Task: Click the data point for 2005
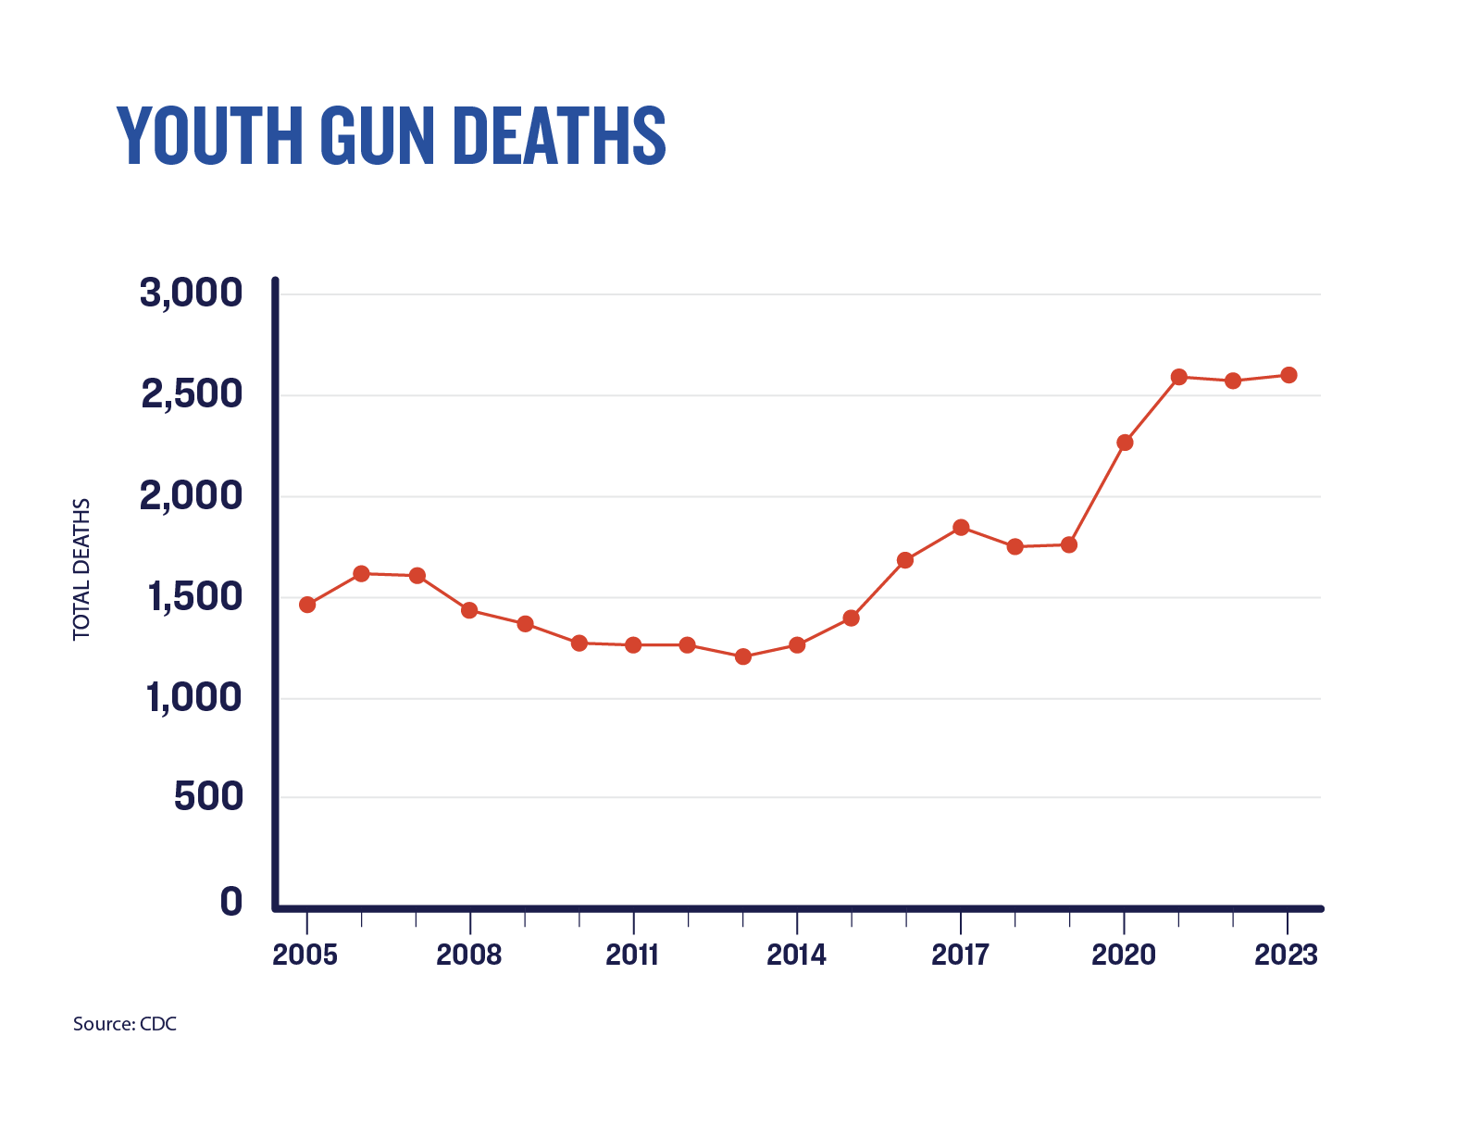click(307, 605)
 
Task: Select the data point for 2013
click(742, 656)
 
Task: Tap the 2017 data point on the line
click(961, 527)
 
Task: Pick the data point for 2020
click(1125, 443)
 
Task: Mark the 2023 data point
click(1288, 375)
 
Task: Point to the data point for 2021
click(1178, 377)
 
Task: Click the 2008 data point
click(469, 610)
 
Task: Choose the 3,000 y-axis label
click(191, 293)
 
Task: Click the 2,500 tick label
click(192, 394)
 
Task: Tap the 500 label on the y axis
click(208, 796)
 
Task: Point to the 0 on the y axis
click(230, 901)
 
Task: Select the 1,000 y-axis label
click(193, 697)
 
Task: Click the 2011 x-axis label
click(632, 955)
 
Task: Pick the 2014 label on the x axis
click(796, 955)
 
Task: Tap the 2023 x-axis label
click(1286, 955)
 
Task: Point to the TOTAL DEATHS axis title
click(82, 569)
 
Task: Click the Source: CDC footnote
click(125, 1024)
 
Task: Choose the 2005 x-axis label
click(305, 955)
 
